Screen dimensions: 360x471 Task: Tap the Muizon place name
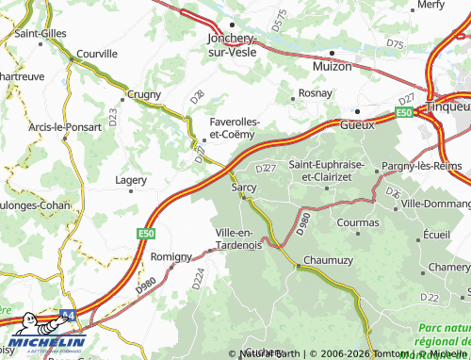tap(332, 67)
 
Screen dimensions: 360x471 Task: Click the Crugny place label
tap(143, 95)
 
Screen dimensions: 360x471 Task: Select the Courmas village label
tap(357, 222)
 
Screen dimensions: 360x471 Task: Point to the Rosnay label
tap(315, 93)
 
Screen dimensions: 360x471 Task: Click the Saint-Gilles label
tap(40, 33)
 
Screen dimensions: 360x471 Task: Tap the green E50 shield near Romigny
tap(145, 233)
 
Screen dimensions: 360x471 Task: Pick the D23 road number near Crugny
tap(112, 118)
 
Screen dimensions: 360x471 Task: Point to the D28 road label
tap(196, 96)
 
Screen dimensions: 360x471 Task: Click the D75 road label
tap(395, 44)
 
